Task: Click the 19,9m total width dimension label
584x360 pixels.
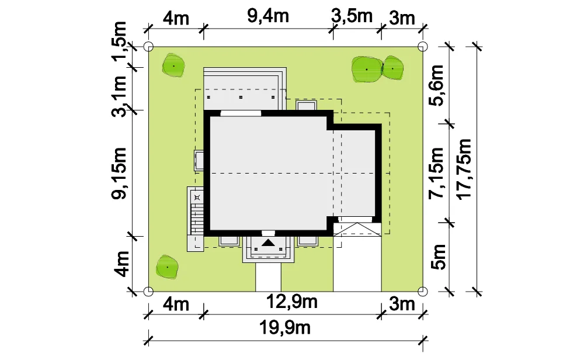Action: click(x=284, y=328)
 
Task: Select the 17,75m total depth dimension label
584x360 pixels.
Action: click(x=464, y=169)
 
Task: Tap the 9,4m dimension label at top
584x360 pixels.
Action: click(x=268, y=16)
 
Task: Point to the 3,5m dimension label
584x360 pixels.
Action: click(x=352, y=16)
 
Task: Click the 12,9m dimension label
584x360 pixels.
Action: click(x=292, y=302)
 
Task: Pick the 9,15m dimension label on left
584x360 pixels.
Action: click(x=120, y=173)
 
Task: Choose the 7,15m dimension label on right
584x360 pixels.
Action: click(x=436, y=173)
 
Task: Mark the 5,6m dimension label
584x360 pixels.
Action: click(x=436, y=85)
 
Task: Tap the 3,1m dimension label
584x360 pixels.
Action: click(x=120, y=96)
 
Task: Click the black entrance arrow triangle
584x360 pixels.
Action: click(x=268, y=243)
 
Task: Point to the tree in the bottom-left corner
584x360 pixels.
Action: click(x=167, y=267)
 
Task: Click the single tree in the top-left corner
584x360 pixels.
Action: click(x=173, y=66)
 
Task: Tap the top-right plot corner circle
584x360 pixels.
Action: click(x=423, y=47)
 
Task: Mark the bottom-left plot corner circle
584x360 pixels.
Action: click(x=148, y=291)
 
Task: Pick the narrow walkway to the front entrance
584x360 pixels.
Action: click(x=268, y=277)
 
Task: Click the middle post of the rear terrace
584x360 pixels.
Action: click(x=241, y=97)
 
